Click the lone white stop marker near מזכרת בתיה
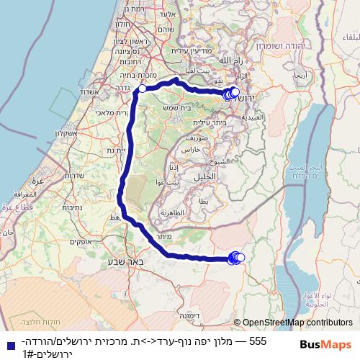point(143,89)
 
